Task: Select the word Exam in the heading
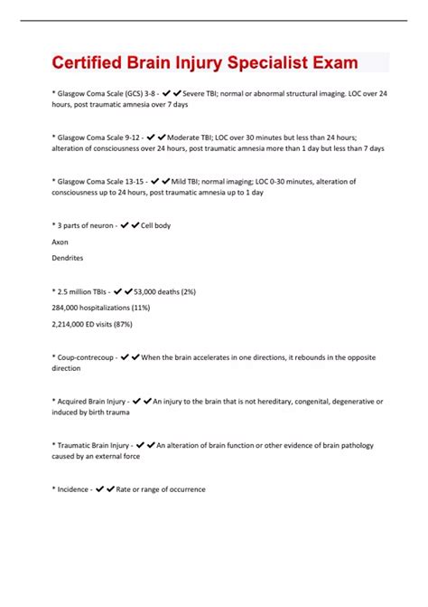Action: pyautogui.click(x=335, y=62)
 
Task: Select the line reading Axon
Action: pyautogui.click(x=61, y=242)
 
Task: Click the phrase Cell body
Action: pyautogui.click(x=155, y=225)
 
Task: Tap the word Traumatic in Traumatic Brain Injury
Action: pyautogui.click(x=78, y=445)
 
